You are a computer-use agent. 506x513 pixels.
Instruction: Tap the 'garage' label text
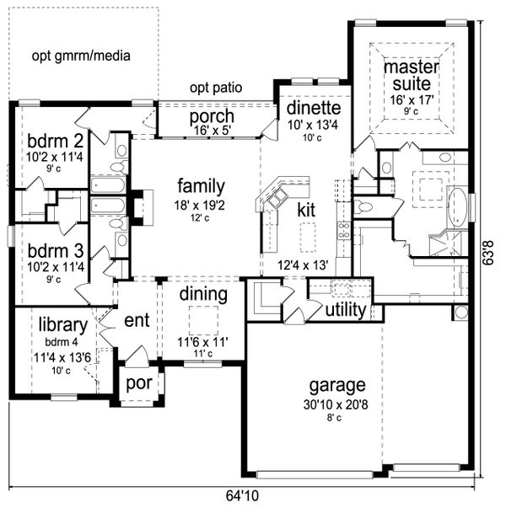[336, 385]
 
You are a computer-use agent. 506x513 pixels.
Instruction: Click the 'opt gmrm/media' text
[82, 56]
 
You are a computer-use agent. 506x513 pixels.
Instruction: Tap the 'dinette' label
[313, 109]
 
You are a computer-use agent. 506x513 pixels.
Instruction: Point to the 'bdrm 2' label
[53, 140]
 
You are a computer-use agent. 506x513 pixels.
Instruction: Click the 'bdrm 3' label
[53, 251]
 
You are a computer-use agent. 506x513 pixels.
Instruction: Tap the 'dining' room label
[203, 295]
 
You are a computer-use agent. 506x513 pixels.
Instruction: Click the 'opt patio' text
[216, 87]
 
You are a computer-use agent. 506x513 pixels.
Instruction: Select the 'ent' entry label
[137, 320]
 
